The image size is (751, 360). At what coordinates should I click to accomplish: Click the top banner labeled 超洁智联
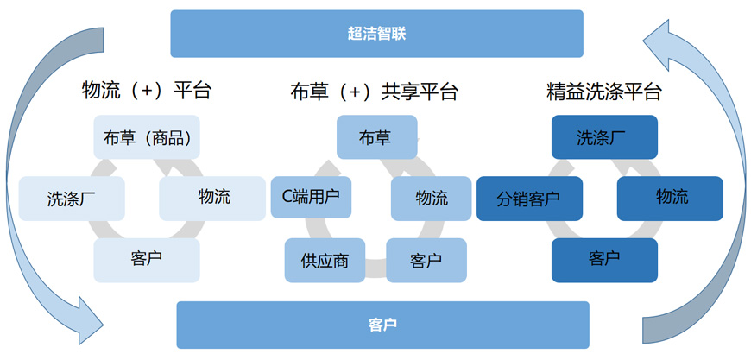[377, 34]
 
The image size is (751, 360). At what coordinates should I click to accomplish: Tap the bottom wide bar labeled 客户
[382, 325]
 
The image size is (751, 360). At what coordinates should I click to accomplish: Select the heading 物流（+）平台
[147, 91]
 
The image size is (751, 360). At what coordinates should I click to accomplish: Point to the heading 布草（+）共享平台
[375, 91]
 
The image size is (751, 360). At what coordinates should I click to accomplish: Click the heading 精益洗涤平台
[604, 92]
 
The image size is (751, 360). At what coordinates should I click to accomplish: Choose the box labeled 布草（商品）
[147, 137]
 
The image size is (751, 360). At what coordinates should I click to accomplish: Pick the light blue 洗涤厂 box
[72, 199]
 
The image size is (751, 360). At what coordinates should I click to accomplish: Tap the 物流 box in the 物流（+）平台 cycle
[212, 199]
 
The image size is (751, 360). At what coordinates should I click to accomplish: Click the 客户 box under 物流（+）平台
[147, 261]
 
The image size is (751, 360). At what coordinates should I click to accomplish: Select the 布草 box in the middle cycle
[377, 137]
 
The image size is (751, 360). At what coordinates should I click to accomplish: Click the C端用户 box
[311, 197]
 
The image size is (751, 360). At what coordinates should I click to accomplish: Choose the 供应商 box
[325, 261]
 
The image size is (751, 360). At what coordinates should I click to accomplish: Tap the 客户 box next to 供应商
[426, 261]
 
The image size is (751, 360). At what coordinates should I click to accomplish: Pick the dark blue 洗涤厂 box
[604, 137]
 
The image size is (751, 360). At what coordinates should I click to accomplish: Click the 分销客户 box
[530, 199]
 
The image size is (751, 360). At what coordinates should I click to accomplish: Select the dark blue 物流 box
[670, 199]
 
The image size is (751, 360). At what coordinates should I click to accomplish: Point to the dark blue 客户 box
[604, 261]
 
